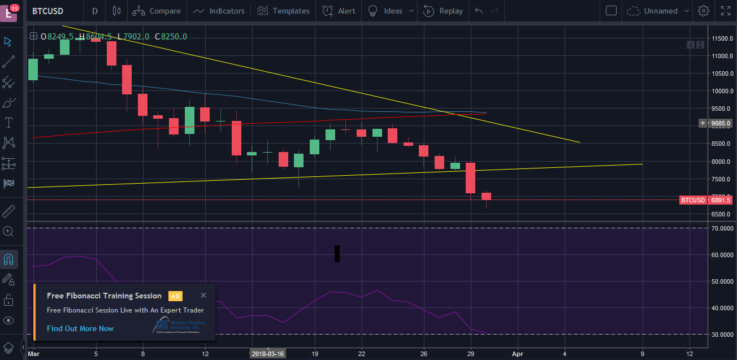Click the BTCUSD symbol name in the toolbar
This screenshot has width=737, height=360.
[x=47, y=11]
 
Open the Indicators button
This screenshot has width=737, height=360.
[x=219, y=11]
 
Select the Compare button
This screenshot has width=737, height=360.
[x=157, y=11]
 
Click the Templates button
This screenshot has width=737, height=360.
[x=283, y=11]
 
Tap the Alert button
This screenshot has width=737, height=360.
[x=339, y=11]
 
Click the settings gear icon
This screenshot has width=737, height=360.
[x=704, y=11]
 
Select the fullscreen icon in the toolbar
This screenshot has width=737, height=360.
[x=726, y=11]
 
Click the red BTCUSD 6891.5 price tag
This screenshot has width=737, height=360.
[x=706, y=200]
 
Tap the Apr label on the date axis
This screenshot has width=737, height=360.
[x=517, y=354]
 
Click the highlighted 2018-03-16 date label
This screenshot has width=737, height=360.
[x=268, y=354]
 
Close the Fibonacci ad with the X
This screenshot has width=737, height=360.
[x=203, y=295]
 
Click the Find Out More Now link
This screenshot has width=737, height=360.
[x=80, y=328]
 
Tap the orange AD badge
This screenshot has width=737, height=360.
[x=175, y=296]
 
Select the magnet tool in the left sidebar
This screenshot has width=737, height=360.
[x=8, y=259]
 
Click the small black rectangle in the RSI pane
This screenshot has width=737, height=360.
[x=337, y=254]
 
